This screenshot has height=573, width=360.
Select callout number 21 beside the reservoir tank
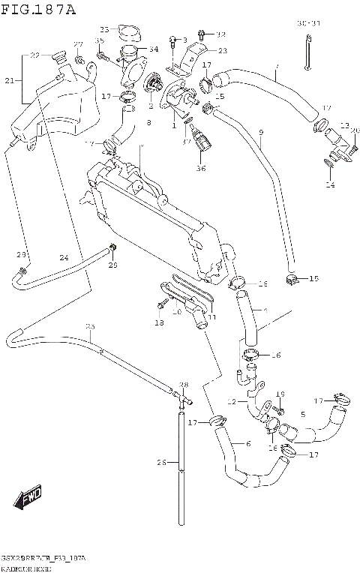[x=9, y=80]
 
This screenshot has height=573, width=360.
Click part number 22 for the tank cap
[x=34, y=55]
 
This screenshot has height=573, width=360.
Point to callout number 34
[x=153, y=49]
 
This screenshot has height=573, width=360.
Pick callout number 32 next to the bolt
[x=220, y=34]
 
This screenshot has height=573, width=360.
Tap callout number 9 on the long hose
[x=261, y=133]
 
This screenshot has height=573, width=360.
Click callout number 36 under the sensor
[x=201, y=169]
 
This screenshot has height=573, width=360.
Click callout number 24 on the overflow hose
[x=64, y=258]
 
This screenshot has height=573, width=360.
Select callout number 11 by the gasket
[x=211, y=317]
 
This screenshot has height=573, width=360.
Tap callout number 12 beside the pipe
[x=232, y=402]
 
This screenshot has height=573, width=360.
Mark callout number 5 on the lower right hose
[x=302, y=413]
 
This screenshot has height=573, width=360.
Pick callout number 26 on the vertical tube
[x=160, y=463]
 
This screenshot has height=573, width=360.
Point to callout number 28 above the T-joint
[x=183, y=385]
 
